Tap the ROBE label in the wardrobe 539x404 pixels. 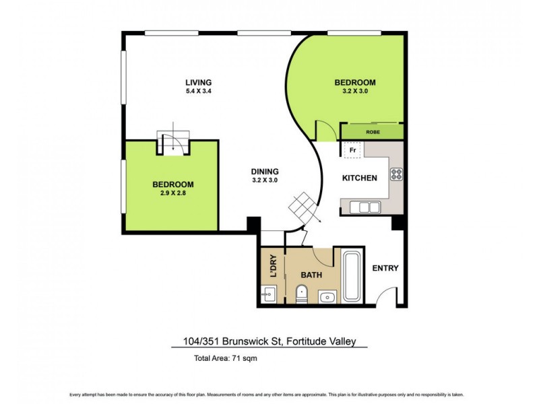tap(373, 133)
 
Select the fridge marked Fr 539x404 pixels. tap(351, 150)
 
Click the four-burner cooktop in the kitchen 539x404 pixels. tap(396, 174)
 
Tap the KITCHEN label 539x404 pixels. tap(359, 178)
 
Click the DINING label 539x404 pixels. tap(264, 171)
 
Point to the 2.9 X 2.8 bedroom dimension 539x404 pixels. tap(172, 193)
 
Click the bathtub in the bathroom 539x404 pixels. tap(352, 275)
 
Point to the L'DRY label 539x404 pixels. tap(273, 265)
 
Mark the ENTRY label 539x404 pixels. tap(385, 268)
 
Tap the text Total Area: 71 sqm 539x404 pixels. tap(225, 358)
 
